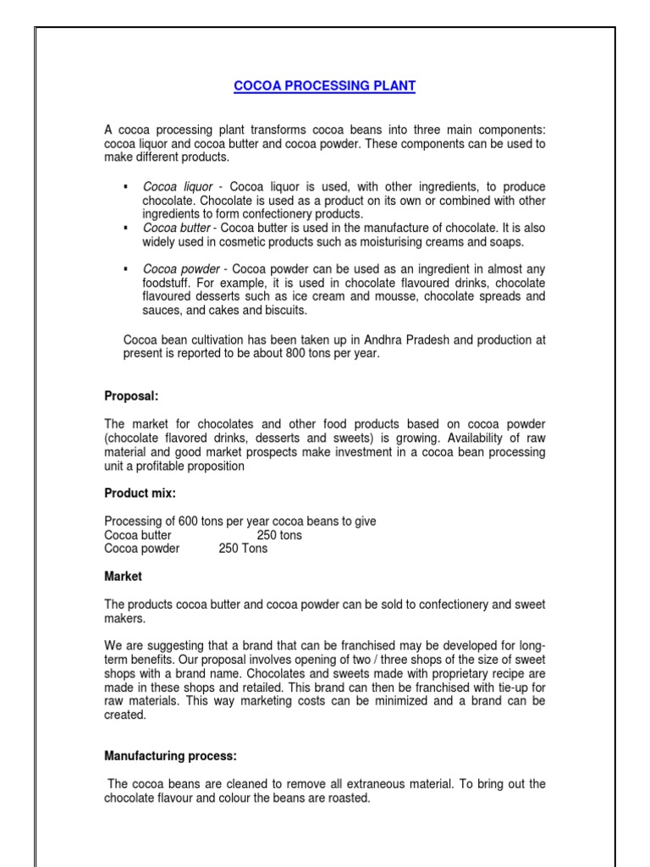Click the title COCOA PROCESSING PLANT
(325, 86)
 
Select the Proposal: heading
(131, 395)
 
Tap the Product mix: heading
(140, 493)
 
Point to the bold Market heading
(124, 576)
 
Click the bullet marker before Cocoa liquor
(125, 186)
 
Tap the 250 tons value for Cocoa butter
(279, 535)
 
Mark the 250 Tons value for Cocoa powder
(243, 548)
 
